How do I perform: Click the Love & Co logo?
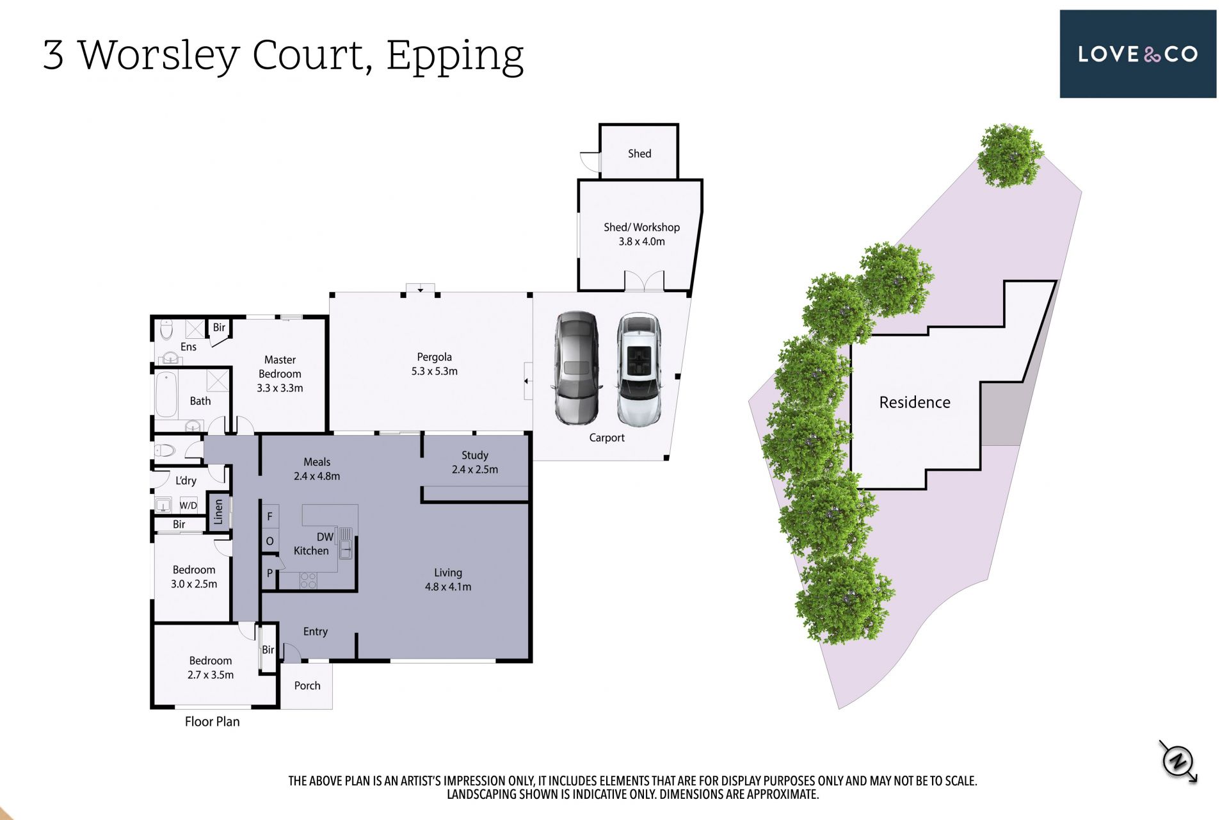1137,54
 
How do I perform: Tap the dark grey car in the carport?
577,368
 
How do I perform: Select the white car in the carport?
639,370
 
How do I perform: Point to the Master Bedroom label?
280,374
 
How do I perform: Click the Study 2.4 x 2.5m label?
474,462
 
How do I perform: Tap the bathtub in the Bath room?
166,394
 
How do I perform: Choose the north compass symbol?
1178,761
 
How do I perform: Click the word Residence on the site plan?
915,402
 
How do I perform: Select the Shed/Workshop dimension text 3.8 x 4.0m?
641,242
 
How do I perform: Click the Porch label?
307,685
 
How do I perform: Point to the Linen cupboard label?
218,512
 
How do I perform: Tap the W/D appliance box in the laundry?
188,505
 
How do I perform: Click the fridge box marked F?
269,516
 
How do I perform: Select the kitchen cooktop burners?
308,580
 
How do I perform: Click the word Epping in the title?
455,56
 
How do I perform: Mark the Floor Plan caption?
212,721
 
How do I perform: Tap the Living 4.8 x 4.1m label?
448,580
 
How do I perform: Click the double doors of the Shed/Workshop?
645,281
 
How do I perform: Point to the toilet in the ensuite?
166,329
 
